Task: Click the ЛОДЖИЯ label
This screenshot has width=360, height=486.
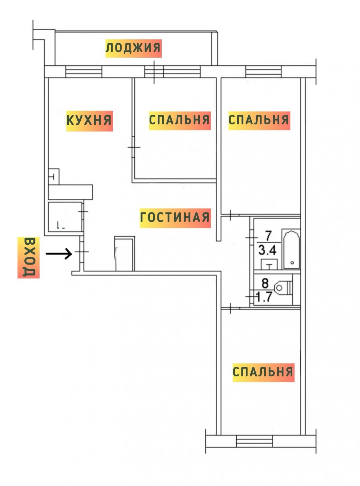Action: (134, 48)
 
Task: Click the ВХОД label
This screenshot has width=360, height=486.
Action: (29, 257)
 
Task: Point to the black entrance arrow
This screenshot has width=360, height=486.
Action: (59, 254)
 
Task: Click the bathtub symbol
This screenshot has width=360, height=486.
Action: (291, 249)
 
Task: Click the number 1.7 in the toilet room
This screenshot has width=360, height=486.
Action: (265, 297)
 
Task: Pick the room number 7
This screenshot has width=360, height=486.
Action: (268, 236)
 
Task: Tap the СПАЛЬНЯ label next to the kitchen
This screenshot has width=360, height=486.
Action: (180, 121)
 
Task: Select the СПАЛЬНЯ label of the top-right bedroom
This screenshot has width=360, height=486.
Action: (259, 121)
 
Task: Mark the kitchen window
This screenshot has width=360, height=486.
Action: (84, 72)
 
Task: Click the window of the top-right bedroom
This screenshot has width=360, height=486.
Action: (264, 72)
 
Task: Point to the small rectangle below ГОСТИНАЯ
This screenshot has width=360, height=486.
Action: (125, 253)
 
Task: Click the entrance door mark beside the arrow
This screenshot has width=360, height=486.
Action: (82, 252)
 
